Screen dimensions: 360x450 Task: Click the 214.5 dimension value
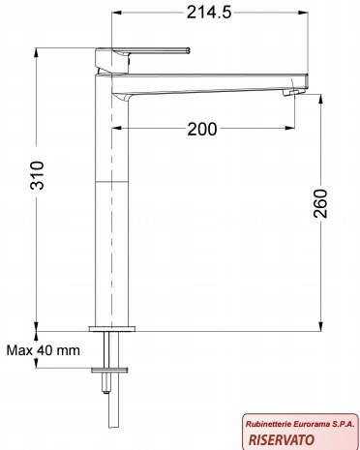209,13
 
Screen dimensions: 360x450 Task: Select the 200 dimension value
202,129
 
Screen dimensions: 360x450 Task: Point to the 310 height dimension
37,175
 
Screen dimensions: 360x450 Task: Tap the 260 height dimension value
320,203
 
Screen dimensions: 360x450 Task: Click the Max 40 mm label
44,350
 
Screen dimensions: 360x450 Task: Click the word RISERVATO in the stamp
282,439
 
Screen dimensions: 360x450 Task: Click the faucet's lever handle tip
188,50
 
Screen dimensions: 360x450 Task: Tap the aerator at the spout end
293,93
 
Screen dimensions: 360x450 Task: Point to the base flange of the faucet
112,329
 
